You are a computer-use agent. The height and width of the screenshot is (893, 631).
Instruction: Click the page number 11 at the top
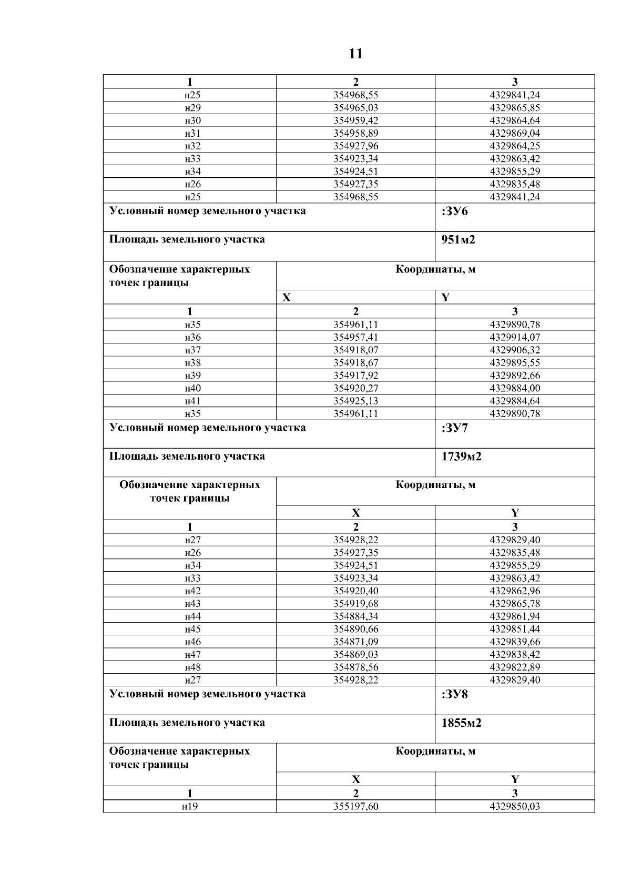coord(355,54)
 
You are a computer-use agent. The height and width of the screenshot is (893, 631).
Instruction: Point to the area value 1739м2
coord(461,456)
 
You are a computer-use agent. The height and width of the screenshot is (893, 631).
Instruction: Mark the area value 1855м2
coord(461,723)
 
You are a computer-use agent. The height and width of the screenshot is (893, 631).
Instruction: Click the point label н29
coord(193,108)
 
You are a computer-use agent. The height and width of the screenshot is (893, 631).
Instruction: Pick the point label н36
coord(193,337)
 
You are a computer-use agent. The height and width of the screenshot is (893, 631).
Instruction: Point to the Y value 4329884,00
coord(514,388)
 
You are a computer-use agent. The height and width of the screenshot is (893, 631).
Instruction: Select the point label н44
coord(193,616)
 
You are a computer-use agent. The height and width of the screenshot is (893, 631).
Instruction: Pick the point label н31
coord(193,133)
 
